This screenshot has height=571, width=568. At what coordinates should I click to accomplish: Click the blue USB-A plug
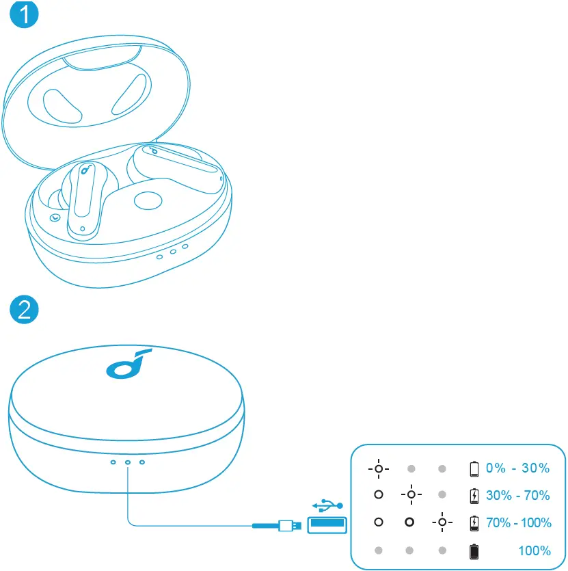tap(326, 525)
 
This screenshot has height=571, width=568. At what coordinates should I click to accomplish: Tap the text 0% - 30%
tap(517, 468)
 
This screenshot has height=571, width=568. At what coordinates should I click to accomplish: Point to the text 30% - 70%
tap(517, 495)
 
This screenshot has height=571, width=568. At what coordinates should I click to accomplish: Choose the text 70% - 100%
tap(517, 523)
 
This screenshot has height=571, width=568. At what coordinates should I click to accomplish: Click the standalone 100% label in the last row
tap(534, 550)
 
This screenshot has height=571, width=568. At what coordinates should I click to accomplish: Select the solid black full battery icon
tap(474, 550)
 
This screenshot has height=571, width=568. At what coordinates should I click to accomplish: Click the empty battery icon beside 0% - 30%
tap(474, 468)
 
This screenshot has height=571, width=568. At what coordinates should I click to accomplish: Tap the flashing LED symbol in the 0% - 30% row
tap(378, 469)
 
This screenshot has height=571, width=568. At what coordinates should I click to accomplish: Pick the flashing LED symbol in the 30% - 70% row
tap(410, 494)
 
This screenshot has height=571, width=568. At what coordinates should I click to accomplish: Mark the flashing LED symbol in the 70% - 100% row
tap(442, 523)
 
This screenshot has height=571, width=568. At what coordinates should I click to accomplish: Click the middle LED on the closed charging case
tap(128, 462)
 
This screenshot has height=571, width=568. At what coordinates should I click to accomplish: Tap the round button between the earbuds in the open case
tap(148, 200)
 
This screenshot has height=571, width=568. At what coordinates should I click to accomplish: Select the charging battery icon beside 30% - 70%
tap(474, 495)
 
